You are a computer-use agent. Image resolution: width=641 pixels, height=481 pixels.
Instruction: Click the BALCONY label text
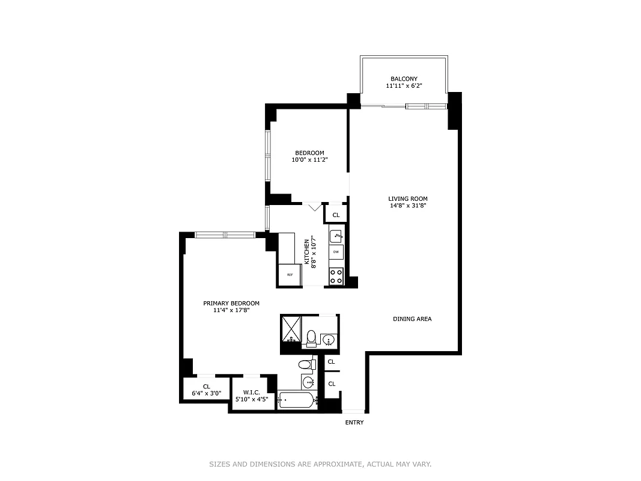[x=404, y=79]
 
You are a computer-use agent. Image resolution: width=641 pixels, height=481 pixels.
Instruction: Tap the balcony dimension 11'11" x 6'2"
[x=404, y=86]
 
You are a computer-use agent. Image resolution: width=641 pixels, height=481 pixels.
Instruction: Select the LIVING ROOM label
[x=407, y=198]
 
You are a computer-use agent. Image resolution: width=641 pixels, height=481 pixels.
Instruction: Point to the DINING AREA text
[x=412, y=319]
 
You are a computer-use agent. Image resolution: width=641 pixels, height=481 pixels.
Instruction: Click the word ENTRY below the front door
[x=354, y=423]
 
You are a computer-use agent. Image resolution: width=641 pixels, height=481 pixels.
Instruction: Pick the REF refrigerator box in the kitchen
[x=290, y=275]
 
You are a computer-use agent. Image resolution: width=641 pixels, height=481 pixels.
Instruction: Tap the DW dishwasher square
[x=336, y=252]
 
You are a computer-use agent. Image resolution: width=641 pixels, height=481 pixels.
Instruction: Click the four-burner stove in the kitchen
[x=336, y=276]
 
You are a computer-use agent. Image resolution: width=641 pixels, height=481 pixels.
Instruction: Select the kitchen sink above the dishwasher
[x=336, y=235]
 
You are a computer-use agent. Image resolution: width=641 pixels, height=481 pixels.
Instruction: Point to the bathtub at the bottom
[x=297, y=400]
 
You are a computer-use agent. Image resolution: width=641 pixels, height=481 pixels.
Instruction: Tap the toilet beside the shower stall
[x=311, y=339]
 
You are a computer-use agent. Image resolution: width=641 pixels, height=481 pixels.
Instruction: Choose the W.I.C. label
[x=251, y=391]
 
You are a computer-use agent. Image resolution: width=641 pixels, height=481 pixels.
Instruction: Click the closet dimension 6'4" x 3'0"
[x=206, y=394]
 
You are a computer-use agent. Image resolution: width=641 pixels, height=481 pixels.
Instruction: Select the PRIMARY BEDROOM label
[x=231, y=303]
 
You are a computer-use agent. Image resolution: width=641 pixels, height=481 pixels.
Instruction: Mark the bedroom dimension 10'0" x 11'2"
[x=309, y=160]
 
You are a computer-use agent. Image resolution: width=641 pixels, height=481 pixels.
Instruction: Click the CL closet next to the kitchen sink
[x=336, y=215]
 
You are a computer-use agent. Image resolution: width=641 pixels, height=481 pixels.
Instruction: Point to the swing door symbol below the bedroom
[x=314, y=207]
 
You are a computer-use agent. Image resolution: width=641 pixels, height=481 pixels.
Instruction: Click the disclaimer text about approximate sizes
[x=320, y=464]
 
